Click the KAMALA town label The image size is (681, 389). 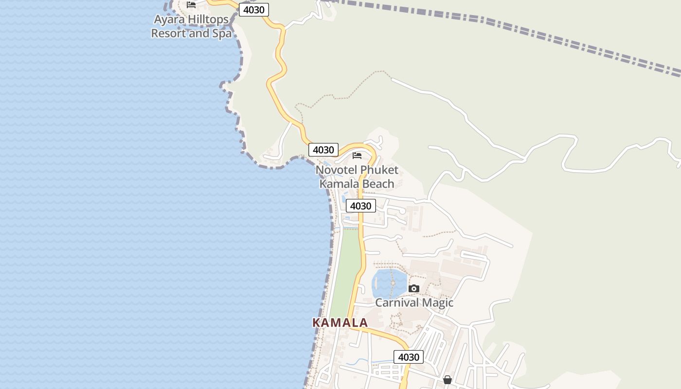(x=340, y=322)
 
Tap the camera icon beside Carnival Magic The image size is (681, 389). (x=414, y=288)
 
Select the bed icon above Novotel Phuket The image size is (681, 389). (x=357, y=156)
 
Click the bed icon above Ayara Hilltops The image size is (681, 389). (x=191, y=5)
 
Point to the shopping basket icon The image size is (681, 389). (x=448, y=379)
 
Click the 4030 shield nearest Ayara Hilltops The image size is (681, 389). (x=253, y=10)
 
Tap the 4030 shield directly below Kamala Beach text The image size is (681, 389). (x=361, y=206)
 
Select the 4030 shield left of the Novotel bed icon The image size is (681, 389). (x=323, y=150)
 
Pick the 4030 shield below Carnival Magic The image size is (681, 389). (x=409, y=357)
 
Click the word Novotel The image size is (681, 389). (x=336, y=170)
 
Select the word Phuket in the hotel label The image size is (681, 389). (x=379, y=170)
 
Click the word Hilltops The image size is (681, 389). (x=205, y=20)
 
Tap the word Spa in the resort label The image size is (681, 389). (x=222, y=34)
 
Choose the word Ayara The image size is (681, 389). (x=167, y=20)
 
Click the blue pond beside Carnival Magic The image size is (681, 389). (x=389, y=283)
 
